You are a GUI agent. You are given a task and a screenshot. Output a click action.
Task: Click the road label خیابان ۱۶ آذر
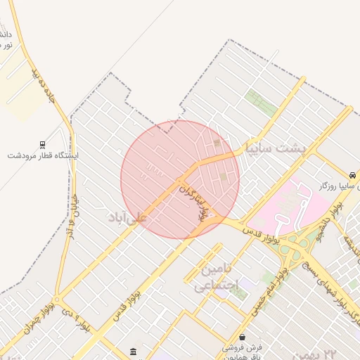(x=71, y=211)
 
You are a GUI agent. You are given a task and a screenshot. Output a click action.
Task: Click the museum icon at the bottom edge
(x=134, y=351)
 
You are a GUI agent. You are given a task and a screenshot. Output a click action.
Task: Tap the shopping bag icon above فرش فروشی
(x=242, y=337)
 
